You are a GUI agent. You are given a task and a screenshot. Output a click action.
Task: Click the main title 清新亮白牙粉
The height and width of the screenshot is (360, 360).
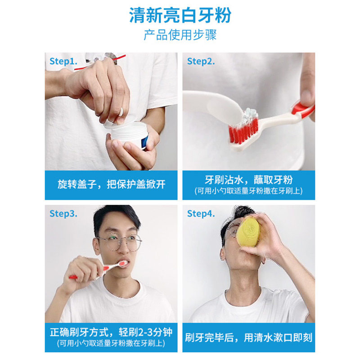tap(180, 15)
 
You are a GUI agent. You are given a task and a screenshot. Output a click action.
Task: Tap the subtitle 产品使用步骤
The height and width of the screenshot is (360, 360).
tap(180, 35)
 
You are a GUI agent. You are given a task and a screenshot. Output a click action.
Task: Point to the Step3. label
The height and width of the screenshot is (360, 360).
tap(63, 213)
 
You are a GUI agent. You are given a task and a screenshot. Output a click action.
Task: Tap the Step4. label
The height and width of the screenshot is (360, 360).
tap(201, 213)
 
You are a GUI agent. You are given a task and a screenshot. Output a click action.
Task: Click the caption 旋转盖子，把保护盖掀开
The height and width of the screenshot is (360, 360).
tap(112, 184)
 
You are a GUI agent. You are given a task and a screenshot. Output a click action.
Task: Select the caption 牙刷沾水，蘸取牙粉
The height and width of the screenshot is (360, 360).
tap(248, 180)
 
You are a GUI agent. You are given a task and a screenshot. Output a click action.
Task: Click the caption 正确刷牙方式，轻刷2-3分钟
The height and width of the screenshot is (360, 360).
tap(112, 333)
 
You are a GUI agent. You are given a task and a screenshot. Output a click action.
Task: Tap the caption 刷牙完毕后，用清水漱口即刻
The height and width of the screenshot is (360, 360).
tap(248, 337)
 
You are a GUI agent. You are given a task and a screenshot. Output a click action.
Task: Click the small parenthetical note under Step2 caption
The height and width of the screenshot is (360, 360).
tap(248, 191)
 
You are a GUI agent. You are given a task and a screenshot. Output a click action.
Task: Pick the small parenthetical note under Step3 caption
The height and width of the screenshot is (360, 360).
tap(112, 344)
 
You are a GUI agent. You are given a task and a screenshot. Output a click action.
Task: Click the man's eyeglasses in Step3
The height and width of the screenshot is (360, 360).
tap(118, 243)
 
